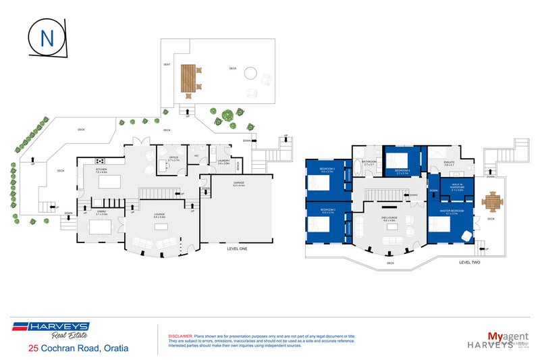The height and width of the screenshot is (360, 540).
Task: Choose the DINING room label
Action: point(101,212)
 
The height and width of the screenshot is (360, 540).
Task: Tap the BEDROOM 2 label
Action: point(328,211)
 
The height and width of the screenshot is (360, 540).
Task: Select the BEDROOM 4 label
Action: point(403,171)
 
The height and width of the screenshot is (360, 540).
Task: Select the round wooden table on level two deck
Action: point(493,201)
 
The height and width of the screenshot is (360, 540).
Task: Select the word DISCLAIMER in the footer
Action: point(180,336)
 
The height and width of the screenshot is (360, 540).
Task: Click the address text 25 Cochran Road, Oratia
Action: point(78,348)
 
